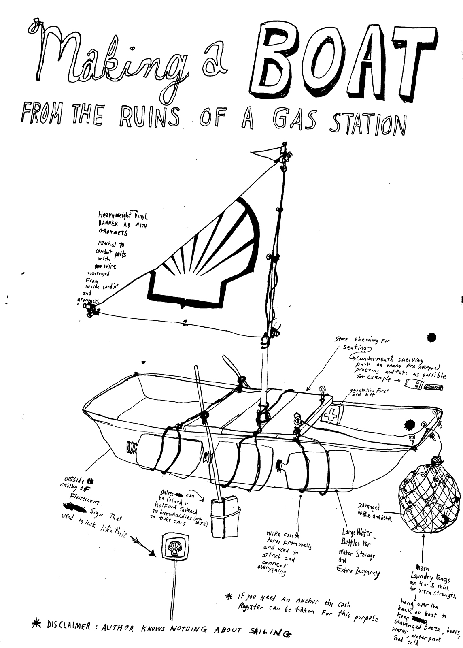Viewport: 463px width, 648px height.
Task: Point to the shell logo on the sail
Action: (202, 259)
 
